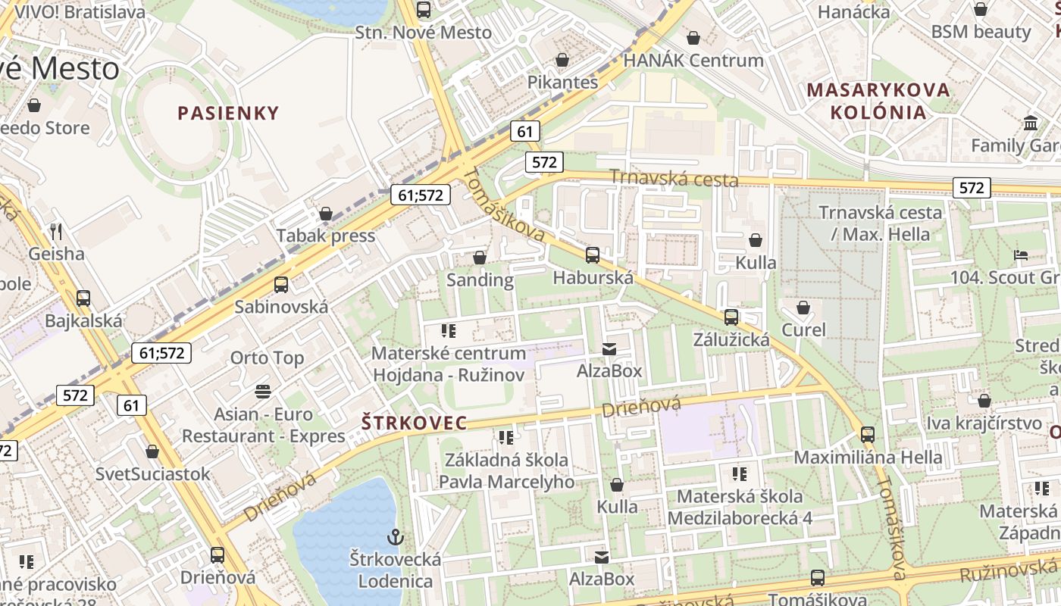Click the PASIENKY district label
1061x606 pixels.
click(x=228, y=113)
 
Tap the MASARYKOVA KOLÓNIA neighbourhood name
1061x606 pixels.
click(x=878, y=101)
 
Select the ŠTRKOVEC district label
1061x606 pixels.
click(x=414, y=423)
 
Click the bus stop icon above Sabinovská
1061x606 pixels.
click(x=281, y=285)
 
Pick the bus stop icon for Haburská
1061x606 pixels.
click(x=593, y=255)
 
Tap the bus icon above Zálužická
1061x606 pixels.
click(x=731, y=317)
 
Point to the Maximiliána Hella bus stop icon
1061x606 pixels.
click(x=868, y=435)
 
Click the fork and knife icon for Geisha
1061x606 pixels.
click(x=56, y=231)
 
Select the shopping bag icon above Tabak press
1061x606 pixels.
click(x=326, y=214)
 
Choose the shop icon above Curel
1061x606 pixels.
click(x=803, y=308)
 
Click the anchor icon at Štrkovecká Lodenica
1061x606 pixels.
click(x=395, y=537)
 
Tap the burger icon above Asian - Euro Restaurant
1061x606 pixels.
click(x=263, y=392)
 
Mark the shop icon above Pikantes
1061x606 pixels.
click(x=562, y=59)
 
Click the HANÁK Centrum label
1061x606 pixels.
click(x=693, y=60)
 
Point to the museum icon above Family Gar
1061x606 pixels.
click(x=1031, y=123)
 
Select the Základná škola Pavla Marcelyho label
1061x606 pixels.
click(x=506, y=470)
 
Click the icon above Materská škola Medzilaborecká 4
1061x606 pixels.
click(x=739, y=474)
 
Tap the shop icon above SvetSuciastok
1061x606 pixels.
click(x=152, y=451)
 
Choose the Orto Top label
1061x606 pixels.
click(x=267, y=358)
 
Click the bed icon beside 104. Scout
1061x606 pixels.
click(x=1021, y=255)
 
